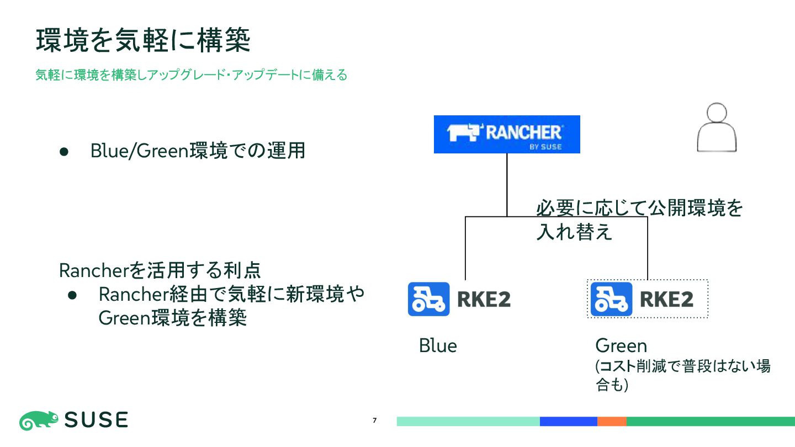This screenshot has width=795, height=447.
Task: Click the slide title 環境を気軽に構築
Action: [x=144, y=41]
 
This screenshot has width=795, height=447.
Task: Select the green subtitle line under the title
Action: [x=192, y=75]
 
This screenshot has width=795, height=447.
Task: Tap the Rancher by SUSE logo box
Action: [x=507, y=134]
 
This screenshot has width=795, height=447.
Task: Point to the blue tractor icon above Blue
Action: [x=428, y=299]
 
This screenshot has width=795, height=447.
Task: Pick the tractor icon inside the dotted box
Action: [x=611, y=299]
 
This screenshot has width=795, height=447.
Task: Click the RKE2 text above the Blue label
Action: [x=484, y=300]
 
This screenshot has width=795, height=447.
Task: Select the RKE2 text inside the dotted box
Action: [x=666, y=300]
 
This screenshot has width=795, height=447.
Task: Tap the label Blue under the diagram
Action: [x=438, y=346]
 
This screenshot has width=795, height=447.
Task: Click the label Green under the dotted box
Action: [x=621, y=346]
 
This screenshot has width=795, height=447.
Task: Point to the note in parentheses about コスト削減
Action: [x=682, y=375]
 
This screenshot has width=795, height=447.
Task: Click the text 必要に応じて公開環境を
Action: [x=640, y=209]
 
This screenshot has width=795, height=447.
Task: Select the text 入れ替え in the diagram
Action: [x=574, y=232]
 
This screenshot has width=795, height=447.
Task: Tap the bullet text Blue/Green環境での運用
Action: [x=198, y=151]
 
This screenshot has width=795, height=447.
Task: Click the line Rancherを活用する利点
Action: [x=160, y=270]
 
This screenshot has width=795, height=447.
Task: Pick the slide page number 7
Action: [x=375, y=421]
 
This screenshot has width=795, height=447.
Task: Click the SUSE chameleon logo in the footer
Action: [x=39, y=421]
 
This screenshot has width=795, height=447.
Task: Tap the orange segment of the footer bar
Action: [x=612, y=422]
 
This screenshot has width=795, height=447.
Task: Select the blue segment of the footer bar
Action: [x=568, y=422]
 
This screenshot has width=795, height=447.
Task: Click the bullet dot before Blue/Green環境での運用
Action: [x=63, y=151]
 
